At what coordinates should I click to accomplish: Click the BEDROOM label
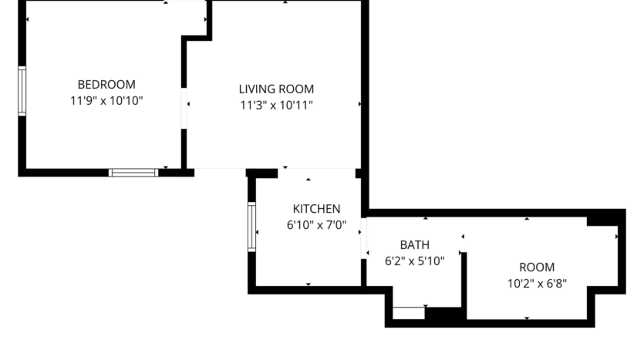click(x=106, y=84)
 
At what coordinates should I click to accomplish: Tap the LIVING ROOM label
click(x=276, y=89)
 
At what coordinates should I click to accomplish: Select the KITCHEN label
click(x=316, y=209)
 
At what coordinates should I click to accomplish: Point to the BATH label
click(x=415, y=245)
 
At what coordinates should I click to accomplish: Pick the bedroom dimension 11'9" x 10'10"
click(x=106, y=100)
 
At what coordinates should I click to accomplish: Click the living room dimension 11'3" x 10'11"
click(x=276, y=105)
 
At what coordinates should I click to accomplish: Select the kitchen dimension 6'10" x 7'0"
click(x=316, y=225)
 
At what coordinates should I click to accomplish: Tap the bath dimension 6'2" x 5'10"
click(x=415, y=261)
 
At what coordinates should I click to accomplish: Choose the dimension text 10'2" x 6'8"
click(x=537, y=283)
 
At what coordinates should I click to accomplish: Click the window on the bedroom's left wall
click(x=22, y=91)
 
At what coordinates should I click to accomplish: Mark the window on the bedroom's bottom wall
click(x=133, y=173)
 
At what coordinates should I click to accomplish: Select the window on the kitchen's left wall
click(x=251, y=227)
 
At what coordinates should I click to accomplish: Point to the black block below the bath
click(x=443, y=315)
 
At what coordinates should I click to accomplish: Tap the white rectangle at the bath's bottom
click(x=408, y=313)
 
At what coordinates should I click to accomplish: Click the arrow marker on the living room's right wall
click(x=359, y=104)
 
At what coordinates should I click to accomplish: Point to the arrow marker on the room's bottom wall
click(x=527, y=318)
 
